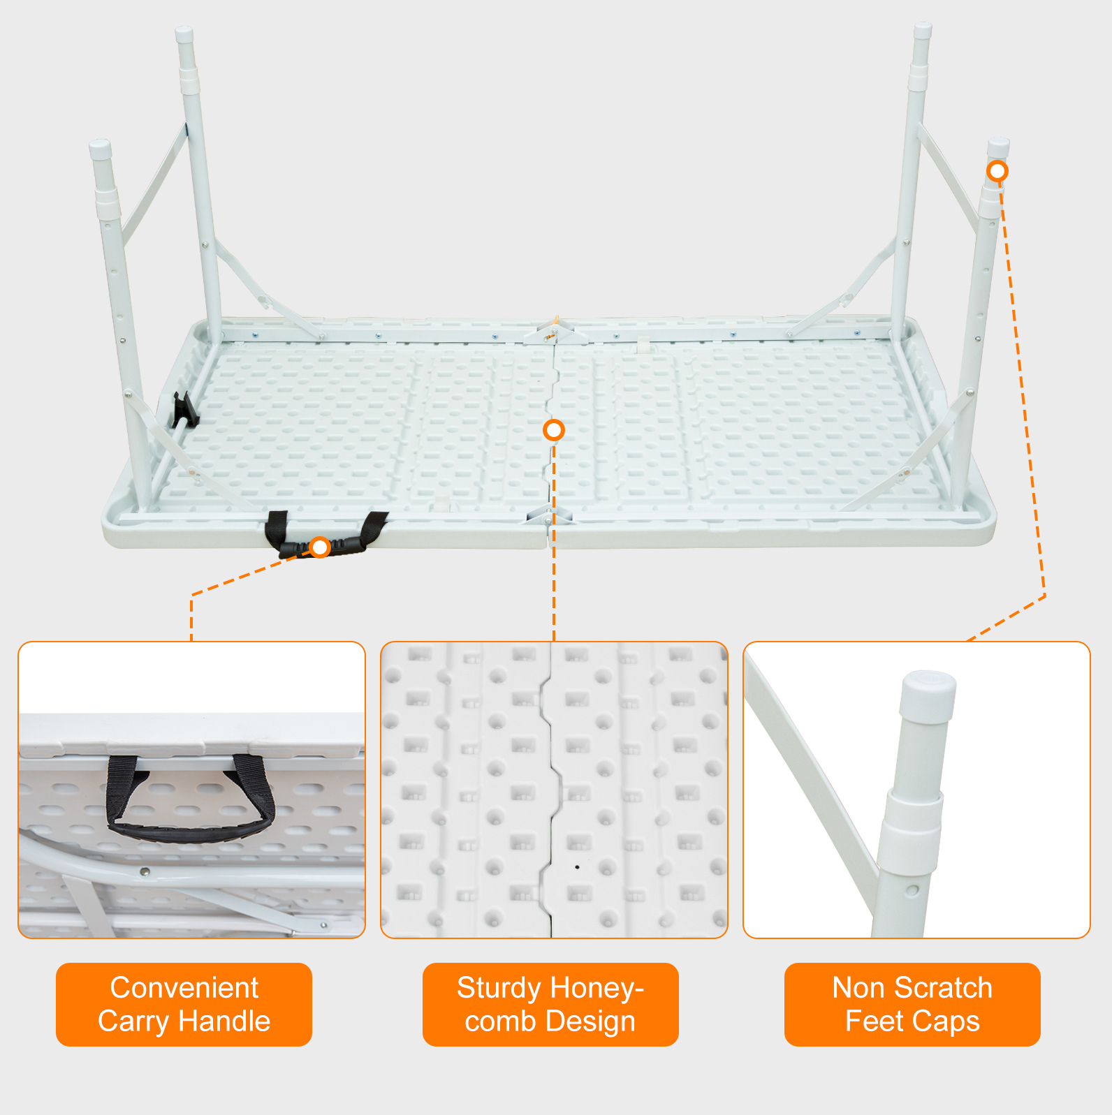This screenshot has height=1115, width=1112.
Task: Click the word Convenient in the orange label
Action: pyautogui.click(x=184, y=988)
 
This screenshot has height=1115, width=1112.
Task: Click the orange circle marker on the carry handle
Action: pyautogui.click(x=320, y=547)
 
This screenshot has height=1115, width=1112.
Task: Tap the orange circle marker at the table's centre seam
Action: pyautogui.click(x=554, y=430)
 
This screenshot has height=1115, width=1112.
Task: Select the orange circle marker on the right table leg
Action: pyautogui.click(x=997, y=171)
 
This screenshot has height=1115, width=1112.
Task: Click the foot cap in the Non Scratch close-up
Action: pyautogui.click(x=928, y=696)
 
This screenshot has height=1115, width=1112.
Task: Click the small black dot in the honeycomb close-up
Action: pyautogui.click(x=577, y=867)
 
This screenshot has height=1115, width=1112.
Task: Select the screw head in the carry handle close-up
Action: pyautogui.click(x=145, y=871)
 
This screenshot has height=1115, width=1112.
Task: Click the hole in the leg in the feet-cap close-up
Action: pyautogui.click(x=912, y=891)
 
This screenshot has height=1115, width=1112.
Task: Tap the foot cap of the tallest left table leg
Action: pyautogui.click(x=184, y=35)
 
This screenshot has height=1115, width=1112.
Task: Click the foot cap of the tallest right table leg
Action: pyautogui.click(x=923, y=31)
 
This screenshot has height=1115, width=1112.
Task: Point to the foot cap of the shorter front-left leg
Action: pyautogui.click(x=101, y=149)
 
